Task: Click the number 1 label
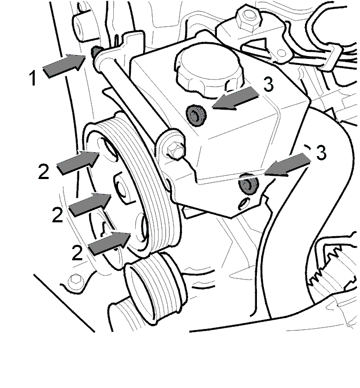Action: click(x=33, y=78)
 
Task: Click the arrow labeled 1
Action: click(x=64, y=65)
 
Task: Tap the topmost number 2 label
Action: click(x=44, y=171)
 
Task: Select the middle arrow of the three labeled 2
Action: click(x=90, y=204)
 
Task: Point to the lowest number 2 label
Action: click(x=77, y=252)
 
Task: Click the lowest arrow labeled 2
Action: click(x=109, y=244)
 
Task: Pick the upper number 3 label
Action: click(x=269, y=84)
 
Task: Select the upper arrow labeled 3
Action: click(x=236, y=98)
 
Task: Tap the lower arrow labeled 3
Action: click(x=288, y=165)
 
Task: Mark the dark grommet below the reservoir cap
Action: click(x=195, y=115)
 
